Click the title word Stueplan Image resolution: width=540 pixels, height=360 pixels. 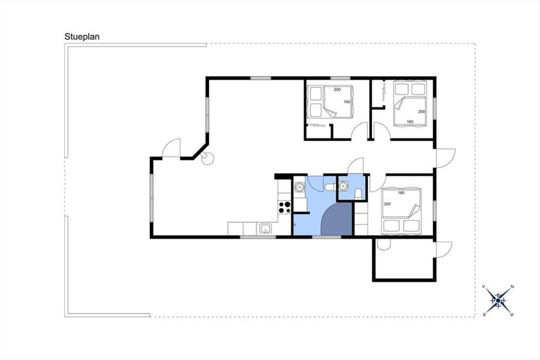click(x=82, y=37)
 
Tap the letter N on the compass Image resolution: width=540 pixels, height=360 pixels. click(x=512, y=287)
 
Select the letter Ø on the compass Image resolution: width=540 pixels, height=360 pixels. click(x=512, y=315)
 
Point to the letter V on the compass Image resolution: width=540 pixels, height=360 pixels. click(x=483, y=287)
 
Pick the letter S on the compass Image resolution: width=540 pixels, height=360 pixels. click(x=484, y=315)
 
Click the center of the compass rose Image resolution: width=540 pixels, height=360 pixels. click(x=498, y=301)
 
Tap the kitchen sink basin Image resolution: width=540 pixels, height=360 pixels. click(x=265, y=228)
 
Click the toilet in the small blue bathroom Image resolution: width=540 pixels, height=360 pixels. click(x=358, y=194)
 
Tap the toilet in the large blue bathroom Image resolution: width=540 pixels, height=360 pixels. click(x=329, y=187)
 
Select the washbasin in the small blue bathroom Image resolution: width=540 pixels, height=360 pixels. click(x=343, y=186)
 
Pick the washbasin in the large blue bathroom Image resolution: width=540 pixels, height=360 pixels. click(x=299, y=187)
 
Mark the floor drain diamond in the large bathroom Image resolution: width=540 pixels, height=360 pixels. click(x=295, y=225)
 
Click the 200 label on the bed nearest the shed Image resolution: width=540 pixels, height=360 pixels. click(x=387, y=204)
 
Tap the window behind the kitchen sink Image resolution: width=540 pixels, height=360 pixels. click(x=258, y=237)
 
